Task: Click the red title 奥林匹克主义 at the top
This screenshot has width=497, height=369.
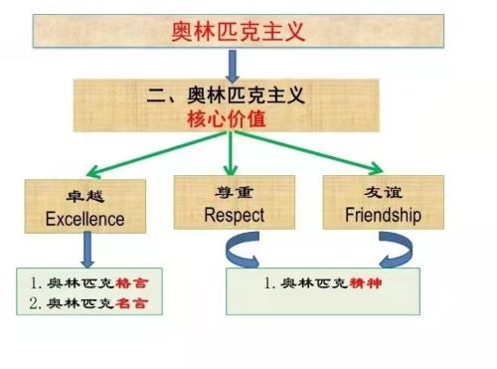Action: (x=238, y=32)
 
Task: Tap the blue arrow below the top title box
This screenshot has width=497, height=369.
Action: (x=233, y=67)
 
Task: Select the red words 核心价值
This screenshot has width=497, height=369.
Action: (x=227, y=118)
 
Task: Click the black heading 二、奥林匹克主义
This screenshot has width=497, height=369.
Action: (x=226, y=95)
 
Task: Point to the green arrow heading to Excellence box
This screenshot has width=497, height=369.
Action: (x=156, y=154)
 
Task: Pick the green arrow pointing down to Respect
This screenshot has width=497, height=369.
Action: (x=231, y=153)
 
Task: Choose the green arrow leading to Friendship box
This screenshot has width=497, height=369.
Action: (x=309, y=152)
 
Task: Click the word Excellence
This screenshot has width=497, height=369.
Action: (x=85, y=219)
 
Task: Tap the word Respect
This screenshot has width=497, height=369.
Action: (x=235, y=216)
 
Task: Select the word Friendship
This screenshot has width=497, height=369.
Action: (x=383, y=215)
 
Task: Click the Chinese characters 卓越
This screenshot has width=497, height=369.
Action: (x=85, y=196)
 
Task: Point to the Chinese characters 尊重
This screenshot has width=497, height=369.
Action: (x=234, y=192)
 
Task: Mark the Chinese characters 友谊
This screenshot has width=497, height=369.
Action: (x=384, y=192)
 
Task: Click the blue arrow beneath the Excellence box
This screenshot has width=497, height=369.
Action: (x=87, y=250)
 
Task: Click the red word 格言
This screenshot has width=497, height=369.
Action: (x=132, y=283)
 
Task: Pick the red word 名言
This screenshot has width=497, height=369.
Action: (x=131, y=303)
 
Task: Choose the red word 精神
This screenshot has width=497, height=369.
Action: (x=366, y=283)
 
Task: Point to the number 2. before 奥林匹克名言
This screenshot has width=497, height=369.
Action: (x=35, y=303)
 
